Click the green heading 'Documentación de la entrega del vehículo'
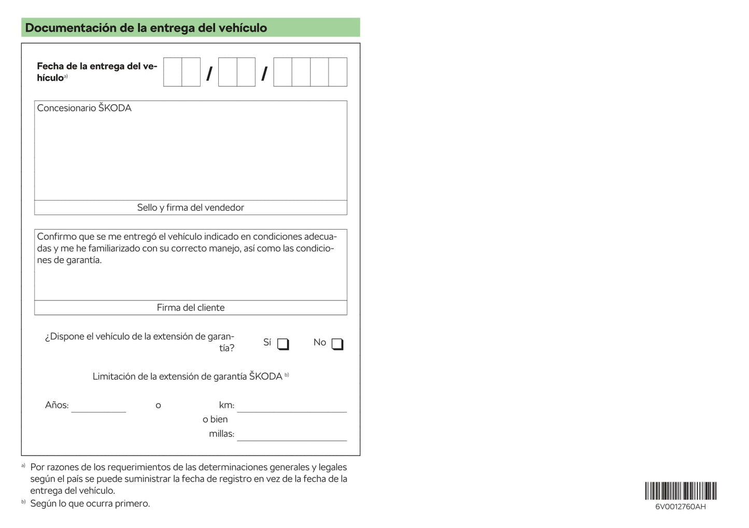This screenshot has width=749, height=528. [146, 28]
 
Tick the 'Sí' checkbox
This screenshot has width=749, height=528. [282, 344]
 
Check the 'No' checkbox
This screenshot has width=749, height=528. [337, 344]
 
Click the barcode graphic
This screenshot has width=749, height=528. [680, 490]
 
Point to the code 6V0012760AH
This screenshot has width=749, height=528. [680, 507]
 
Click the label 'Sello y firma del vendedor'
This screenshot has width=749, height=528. [190, 208]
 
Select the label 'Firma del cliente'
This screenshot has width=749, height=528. [190, 308]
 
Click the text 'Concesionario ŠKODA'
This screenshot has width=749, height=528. [84, 108]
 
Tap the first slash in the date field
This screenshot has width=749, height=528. [209, 74]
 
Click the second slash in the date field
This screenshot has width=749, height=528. [264, 74]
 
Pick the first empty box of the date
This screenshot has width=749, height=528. [173, 72]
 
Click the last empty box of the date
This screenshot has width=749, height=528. [337, 72]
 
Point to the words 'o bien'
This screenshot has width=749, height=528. [215, 420]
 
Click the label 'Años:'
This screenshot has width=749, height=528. [56, 405]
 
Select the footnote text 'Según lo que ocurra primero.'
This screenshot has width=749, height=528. [90, 504]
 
